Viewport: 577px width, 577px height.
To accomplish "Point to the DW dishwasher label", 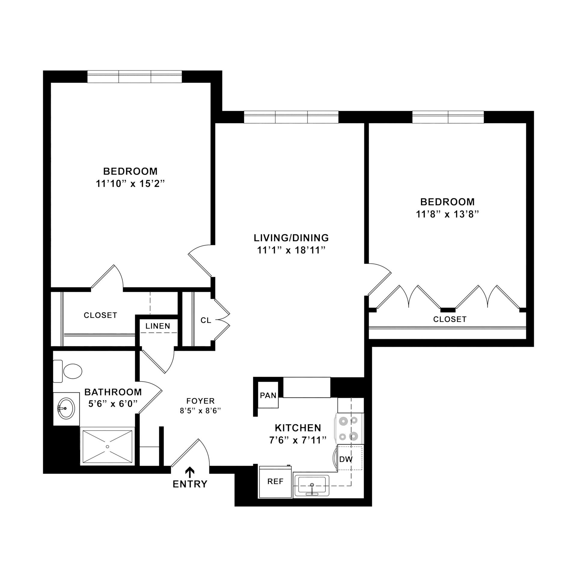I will [x=346, y=459].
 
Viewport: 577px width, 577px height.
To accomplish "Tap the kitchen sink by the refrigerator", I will [x=312, y=485].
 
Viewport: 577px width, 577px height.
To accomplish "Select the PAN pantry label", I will [x=268, y=395].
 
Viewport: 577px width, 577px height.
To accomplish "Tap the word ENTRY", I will [x=190, y=484].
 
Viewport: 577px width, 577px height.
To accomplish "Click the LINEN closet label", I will [x=158, y=326].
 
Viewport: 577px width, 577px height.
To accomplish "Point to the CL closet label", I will [x=206, y=320].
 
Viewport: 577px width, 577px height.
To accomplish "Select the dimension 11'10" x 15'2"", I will [x=131, y=184].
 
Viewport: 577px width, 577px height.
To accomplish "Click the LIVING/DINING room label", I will [x=291, y=238].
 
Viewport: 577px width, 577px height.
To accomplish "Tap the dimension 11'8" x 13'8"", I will [x=447, y=214].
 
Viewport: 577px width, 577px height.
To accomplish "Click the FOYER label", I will [x=200, y=401].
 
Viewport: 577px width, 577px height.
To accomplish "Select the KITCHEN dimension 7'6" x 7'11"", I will [x=298, y=441].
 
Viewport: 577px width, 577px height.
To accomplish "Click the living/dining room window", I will [x=291, y=117].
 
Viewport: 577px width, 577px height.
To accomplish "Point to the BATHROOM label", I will [x=113, y=392].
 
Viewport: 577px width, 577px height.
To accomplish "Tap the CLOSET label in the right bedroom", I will [x=450, y=319].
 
